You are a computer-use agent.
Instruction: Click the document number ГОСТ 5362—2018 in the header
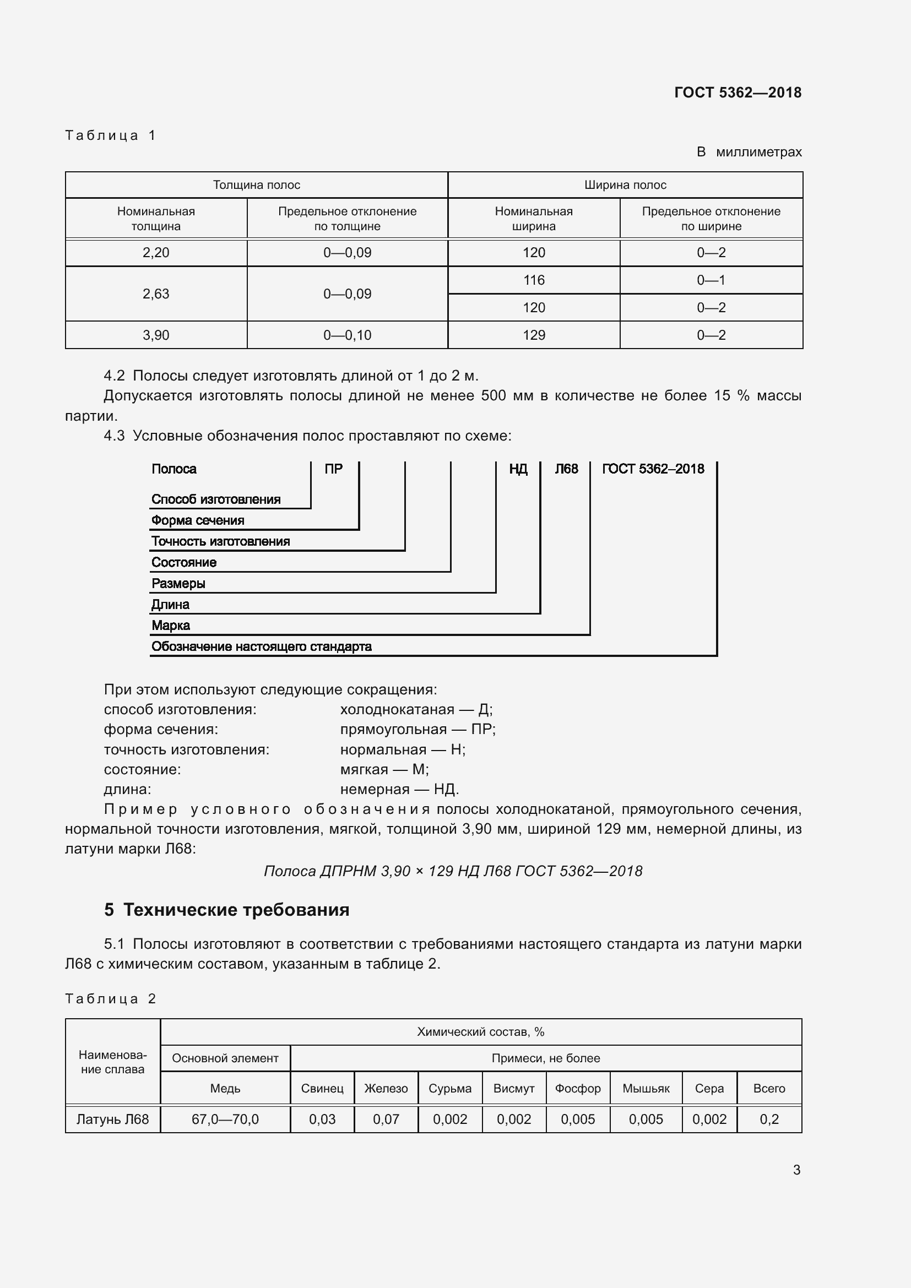(x=737, y=93)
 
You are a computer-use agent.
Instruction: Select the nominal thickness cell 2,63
(x=156, y=294)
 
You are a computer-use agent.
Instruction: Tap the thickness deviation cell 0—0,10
(x=347, y=335)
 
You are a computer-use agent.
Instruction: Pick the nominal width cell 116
(x=534, y=280)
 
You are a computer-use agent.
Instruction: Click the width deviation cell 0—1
(x=711, y=280)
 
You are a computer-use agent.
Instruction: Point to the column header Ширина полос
(x=625, y=185)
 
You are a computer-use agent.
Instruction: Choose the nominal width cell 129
(x=534, y=335)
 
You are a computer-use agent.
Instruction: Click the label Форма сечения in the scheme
(x=198, y=520)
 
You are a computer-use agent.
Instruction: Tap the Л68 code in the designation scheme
(x=566, y=469)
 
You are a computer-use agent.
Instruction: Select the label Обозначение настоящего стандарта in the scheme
(x=262, y=647)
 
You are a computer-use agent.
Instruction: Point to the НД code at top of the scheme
(x=518, y=469)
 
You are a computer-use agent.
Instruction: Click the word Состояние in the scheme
(x=184, y=563)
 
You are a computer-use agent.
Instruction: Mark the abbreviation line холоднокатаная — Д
(x=416, y=710)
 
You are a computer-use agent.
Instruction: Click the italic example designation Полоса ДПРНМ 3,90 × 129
(x=453, y=871)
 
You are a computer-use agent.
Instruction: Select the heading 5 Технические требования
(x=226, y=910)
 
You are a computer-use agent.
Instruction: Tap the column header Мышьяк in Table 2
(x=646, y=1089)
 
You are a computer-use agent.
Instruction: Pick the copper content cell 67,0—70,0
(x=225, y=1119)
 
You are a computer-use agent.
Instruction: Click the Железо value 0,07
(x=386, y=1119)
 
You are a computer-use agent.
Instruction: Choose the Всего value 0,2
(x=769, y=1119)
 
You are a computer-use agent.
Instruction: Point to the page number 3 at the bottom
(x=796, y=1170)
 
